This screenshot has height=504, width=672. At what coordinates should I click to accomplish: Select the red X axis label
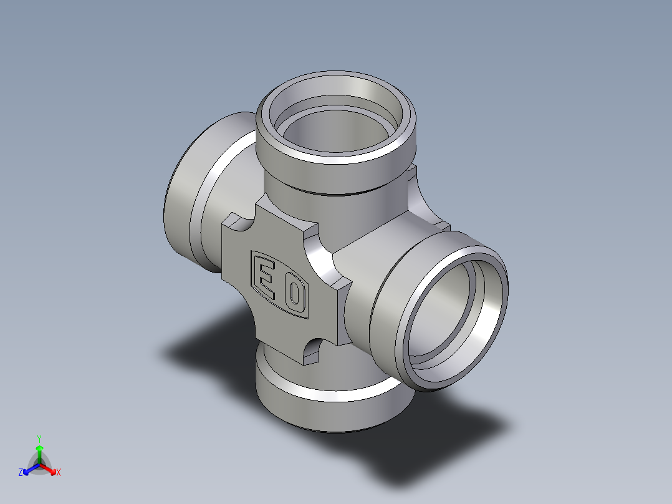pos(59,472)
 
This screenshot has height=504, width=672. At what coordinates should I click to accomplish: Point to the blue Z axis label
pos(21,472)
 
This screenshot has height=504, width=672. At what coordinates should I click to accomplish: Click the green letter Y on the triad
pos(39,439)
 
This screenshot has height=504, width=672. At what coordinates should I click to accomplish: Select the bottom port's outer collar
pos(334,412)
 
